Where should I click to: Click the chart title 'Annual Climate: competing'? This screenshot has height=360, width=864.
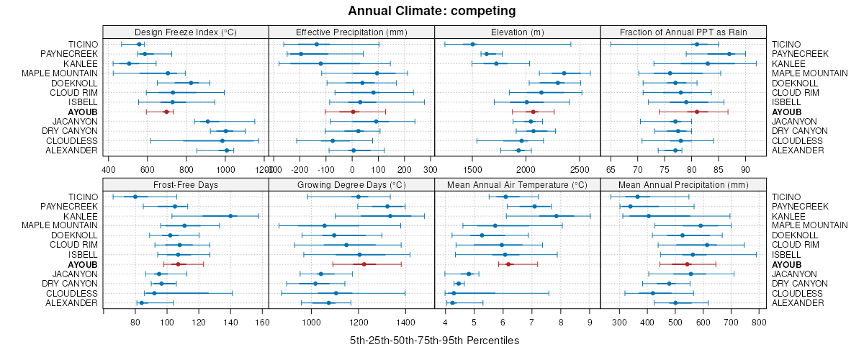[431, 11]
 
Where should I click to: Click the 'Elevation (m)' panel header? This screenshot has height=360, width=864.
[517, 32]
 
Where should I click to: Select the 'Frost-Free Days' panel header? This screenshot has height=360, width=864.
[186, 185]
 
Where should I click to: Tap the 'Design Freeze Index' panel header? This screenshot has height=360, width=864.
[186, 32]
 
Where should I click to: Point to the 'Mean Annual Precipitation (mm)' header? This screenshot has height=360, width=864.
[683, 185]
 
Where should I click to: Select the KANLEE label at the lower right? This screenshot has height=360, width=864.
[787, 216]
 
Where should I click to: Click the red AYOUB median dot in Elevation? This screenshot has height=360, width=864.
[534, 112]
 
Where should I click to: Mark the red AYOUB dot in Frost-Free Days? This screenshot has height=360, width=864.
[178, 264]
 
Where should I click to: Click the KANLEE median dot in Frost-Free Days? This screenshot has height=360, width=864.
[230, 216]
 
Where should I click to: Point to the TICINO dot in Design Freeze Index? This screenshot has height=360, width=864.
[140, 45]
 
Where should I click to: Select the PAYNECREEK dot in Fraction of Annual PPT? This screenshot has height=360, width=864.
[729, 54]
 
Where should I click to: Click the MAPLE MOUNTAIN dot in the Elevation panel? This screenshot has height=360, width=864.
[564, 73]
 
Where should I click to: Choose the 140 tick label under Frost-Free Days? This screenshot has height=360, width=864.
[230, 323]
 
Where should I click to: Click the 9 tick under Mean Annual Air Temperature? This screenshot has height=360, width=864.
[589, 323]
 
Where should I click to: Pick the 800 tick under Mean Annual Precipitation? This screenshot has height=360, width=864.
[758, 323]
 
